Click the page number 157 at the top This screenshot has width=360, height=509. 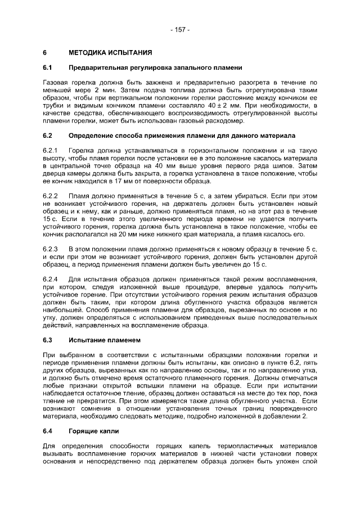(180, 29)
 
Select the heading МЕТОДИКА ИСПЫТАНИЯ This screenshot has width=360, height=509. (110, 53)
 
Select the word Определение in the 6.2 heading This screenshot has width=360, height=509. (89, 136)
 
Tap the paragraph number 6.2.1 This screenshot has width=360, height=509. (51, 151)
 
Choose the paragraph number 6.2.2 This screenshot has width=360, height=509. (51, 195)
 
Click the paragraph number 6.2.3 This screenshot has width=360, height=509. (51, 248)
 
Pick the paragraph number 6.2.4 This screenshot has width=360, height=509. (51, 279)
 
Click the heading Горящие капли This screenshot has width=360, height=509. (92, 431)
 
